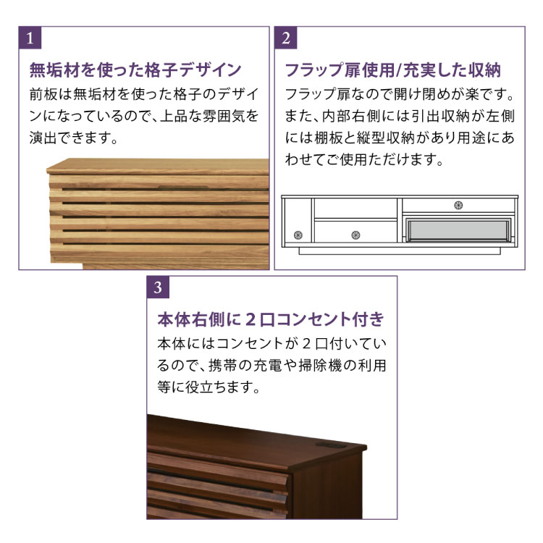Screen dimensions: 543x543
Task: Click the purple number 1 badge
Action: (x=30, y=38)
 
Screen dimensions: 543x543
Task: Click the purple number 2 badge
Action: (x=286, y=38)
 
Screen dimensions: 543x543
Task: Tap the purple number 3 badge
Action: (x=158, y=287)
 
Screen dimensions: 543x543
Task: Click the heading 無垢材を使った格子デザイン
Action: (x=135, y=70)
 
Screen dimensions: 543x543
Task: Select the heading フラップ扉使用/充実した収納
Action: (x=392, y=70)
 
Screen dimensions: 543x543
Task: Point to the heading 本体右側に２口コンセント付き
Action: (x=271, y=319)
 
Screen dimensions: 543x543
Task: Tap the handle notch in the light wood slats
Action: (x=184, y=188)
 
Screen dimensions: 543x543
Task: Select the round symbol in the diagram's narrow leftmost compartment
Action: (x=298, y=235)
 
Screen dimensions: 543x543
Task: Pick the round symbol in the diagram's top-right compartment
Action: (x=458, y=206)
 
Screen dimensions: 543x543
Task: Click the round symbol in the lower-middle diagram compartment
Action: (x=355, y=235)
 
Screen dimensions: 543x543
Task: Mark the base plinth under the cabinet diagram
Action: (x=400, y=251)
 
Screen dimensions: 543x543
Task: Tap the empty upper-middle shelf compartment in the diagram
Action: (x=355, y=209)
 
